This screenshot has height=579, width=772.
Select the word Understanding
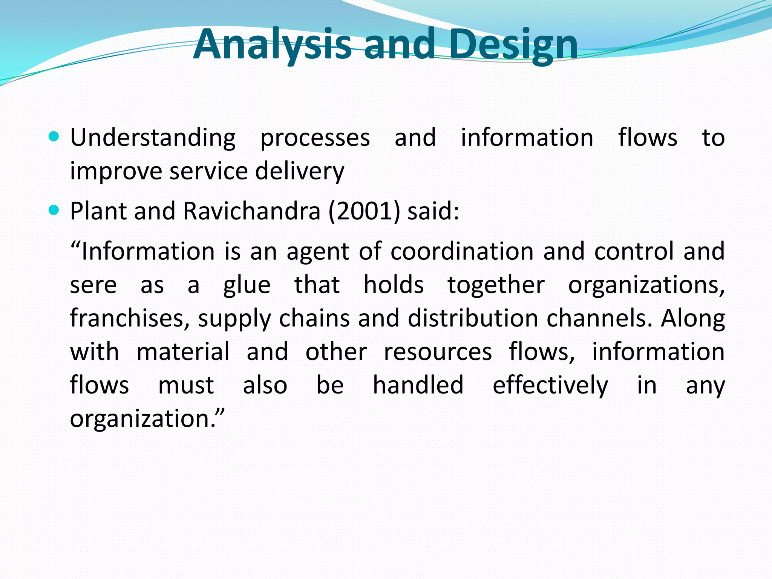click(153, 138)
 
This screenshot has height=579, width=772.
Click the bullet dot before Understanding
click(54, 136)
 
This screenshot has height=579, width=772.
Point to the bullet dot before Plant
click(54, 210)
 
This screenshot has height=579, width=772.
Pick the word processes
click(315, 138)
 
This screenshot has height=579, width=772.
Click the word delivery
click(300, 172)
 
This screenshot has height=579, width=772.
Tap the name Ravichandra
click(251, 211)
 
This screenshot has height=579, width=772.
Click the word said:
click(433, 211)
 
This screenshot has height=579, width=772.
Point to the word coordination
click(462, 251)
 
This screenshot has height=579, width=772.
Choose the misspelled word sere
click(93, 285)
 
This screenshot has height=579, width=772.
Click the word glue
click(247, 285)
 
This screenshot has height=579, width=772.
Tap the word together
click(496, 285)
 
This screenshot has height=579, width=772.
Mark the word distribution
click(473, 319)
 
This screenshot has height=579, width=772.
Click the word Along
click(693, 319)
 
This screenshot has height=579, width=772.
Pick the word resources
click(438, 352)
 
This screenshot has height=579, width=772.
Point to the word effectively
click(550, 386)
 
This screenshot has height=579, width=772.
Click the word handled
click(418, 386)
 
